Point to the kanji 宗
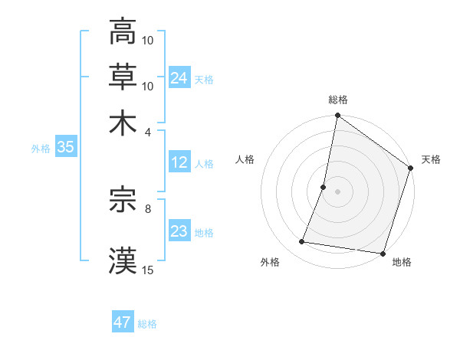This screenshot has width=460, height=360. tap(123, 201)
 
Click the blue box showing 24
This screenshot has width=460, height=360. tap(179, 77)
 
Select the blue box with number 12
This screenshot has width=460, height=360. tap(179, 162)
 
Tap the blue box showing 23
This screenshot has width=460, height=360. tap(179, 231)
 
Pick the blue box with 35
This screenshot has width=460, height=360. tap(65, 148)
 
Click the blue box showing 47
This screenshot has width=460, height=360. tap(123, 322)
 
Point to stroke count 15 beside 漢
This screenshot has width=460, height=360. tap(148, 270)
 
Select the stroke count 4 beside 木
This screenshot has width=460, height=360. tap(148, 132)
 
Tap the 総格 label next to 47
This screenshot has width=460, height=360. tap(147, 324)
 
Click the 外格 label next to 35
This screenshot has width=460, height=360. tap(41, 149)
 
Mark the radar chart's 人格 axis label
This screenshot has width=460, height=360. tap(245, 159)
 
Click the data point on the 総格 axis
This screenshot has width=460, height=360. tap(337, 116)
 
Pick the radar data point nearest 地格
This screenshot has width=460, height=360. tap(383, 254)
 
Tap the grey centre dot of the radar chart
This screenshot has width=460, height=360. tap(337, 191)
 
